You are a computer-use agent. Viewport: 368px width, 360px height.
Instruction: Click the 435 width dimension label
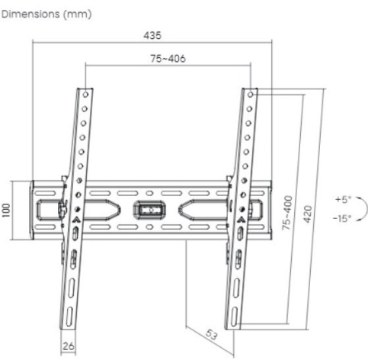(152, 35)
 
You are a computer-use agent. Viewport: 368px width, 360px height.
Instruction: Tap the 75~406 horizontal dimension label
(168, 59)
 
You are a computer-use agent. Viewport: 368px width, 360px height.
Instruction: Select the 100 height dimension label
(6, 211)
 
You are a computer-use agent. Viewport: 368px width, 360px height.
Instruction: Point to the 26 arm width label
(69, 346)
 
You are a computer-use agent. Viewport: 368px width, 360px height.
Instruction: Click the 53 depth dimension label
(211, 335)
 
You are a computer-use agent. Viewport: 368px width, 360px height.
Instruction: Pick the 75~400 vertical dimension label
(287, 213)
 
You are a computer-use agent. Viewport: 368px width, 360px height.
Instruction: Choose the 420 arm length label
(307, 214)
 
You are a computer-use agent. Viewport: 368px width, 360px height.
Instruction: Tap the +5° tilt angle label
(343, 199)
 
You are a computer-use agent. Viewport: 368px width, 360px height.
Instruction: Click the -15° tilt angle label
(342, 218)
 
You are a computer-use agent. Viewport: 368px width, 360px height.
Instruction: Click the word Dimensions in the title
(30, 14)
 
